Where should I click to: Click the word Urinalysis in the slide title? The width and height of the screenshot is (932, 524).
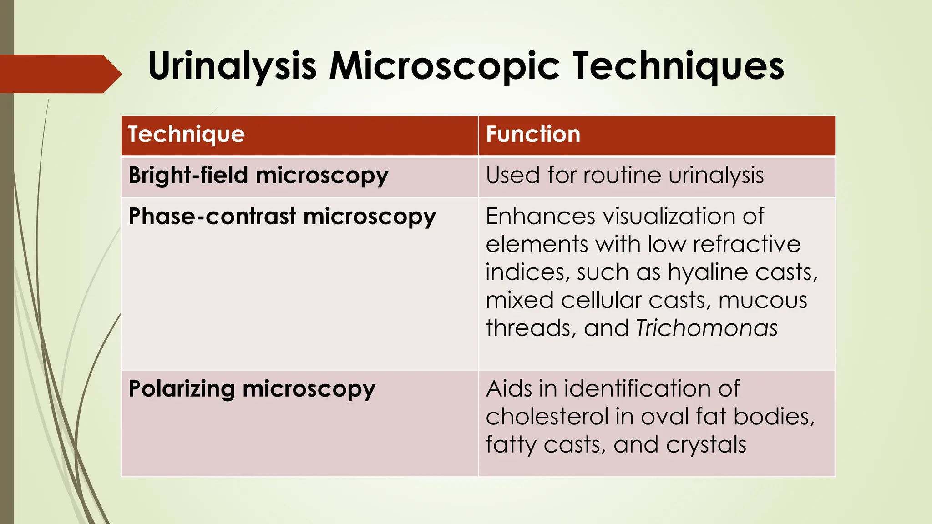point(232,66)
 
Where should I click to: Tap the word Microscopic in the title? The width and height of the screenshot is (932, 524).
point(444,66)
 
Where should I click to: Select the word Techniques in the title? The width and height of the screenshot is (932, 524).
point(678,66)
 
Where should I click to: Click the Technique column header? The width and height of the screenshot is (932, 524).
point(187,135)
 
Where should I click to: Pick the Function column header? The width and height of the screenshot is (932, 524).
point(533,135)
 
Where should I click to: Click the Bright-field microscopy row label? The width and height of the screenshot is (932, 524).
point(258,176)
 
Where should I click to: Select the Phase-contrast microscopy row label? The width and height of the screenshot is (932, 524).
point(282,217)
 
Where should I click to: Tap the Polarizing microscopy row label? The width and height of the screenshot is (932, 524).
point(252,389)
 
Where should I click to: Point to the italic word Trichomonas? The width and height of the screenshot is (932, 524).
point(707,328)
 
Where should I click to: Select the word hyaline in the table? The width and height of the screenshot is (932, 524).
point(707,273)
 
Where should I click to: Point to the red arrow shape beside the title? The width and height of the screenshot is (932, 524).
point(59,74)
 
